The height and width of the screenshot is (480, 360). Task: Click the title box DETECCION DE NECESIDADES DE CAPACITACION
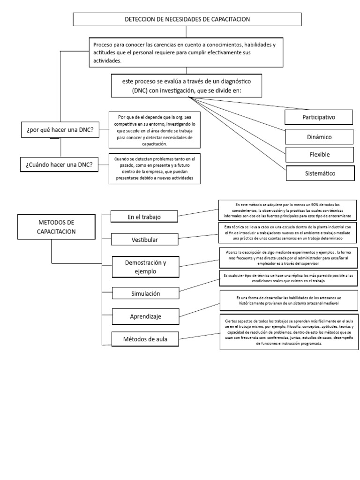(187, 19)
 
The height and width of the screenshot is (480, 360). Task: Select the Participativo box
(319, 117)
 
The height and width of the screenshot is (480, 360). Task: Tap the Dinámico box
(319, 137)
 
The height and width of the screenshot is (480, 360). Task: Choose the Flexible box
(319, 154)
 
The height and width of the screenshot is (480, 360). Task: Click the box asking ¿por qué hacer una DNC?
(60, 130)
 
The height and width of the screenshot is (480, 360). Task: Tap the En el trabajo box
(143, 216)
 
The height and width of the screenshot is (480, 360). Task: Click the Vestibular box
(144, 240)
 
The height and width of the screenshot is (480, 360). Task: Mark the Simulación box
(145, 293)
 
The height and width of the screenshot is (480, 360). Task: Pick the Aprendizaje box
(145, 316)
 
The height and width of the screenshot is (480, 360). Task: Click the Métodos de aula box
(145, 339)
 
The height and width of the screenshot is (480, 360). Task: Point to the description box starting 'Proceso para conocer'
(186, 52)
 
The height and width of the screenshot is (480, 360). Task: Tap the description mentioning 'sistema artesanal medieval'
(288, 301)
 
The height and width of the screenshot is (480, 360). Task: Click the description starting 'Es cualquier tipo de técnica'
(288, 277)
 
